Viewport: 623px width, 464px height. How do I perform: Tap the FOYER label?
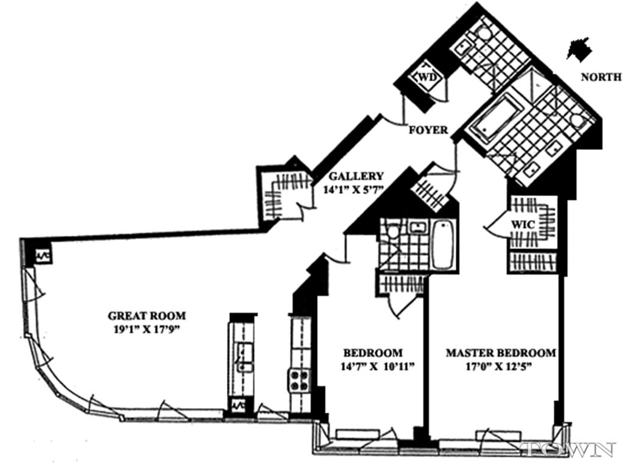(428, 130)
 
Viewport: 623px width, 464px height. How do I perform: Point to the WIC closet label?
(523, 225)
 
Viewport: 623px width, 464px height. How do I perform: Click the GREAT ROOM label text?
(147, 315)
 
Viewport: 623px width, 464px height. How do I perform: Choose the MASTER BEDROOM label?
(501, 353)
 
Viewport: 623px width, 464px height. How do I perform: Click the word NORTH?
(601, 77)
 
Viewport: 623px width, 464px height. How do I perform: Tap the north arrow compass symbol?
(579, 49)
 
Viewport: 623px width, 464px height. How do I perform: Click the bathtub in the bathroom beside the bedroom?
(443, 245)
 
